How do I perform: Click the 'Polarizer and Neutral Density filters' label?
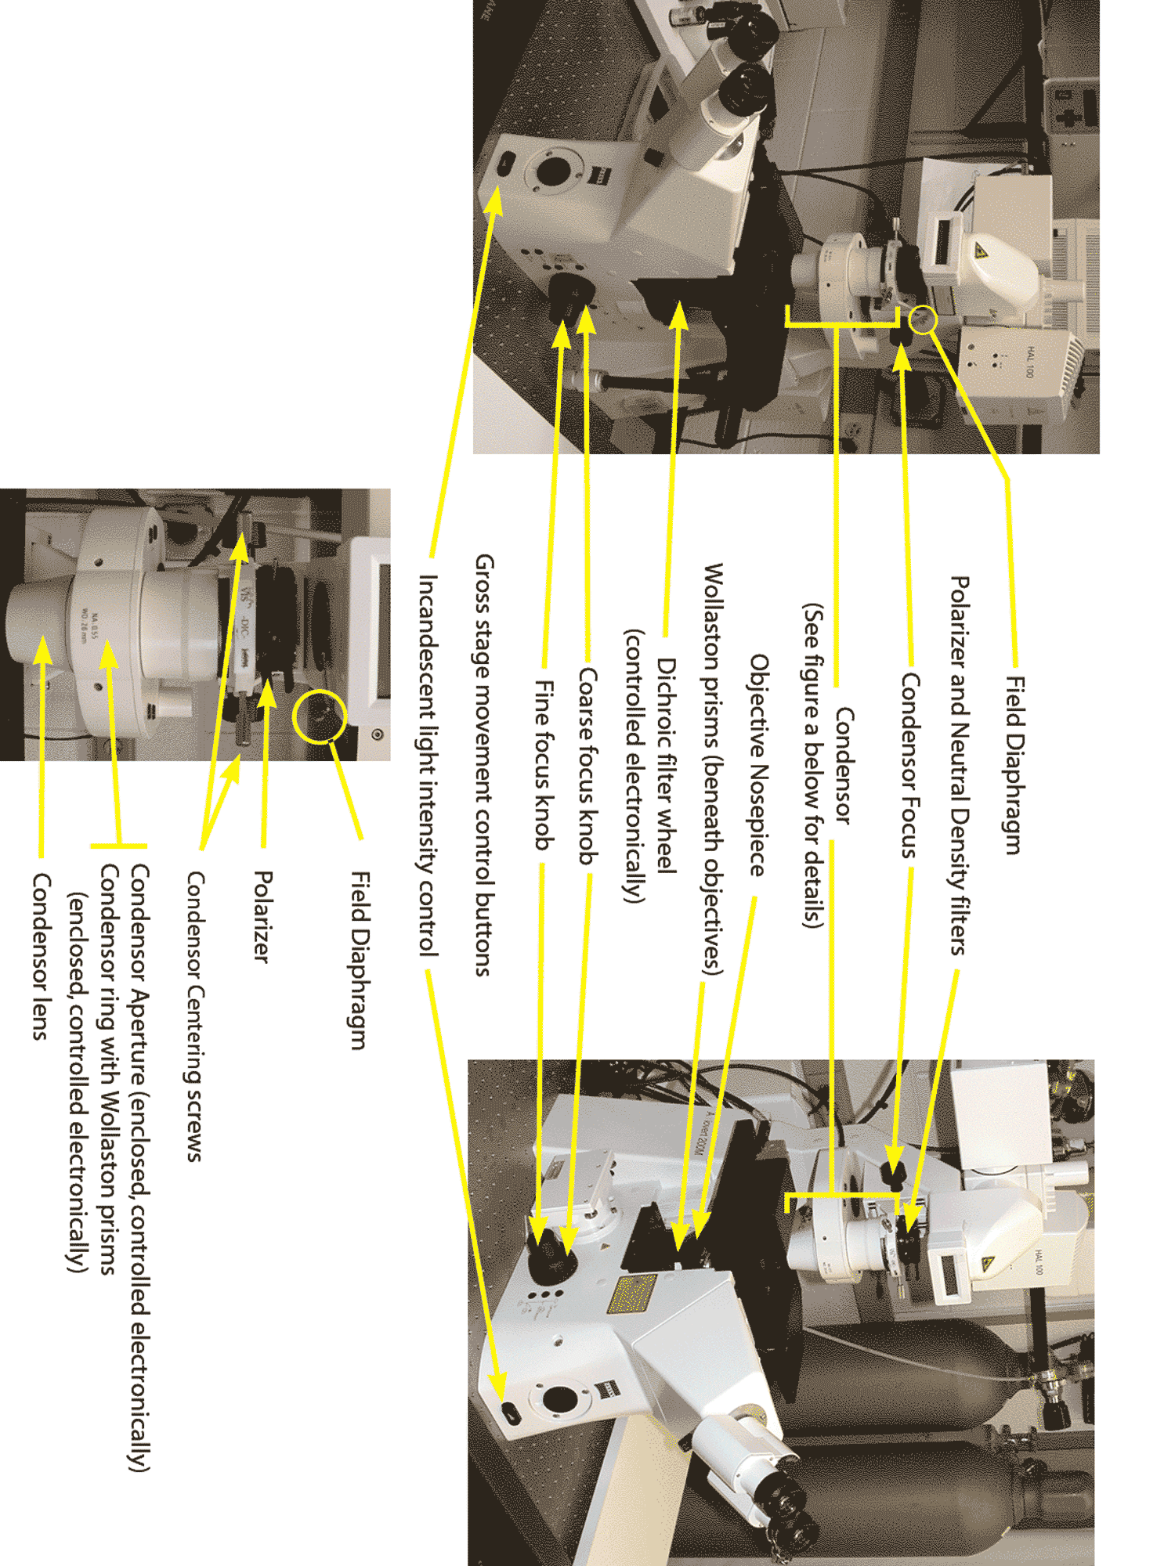tap(960, 766)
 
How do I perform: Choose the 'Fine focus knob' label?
tap(544, 765)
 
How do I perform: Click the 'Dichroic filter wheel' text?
tap(666, 765)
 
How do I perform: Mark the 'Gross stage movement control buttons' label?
tap(484, 765)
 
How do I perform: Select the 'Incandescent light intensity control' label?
tap(428, 765)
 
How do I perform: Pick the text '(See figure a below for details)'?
tap(814, 765)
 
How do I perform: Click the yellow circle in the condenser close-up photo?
tap(319, 716)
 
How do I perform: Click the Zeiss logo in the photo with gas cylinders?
tap(603, 1390)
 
